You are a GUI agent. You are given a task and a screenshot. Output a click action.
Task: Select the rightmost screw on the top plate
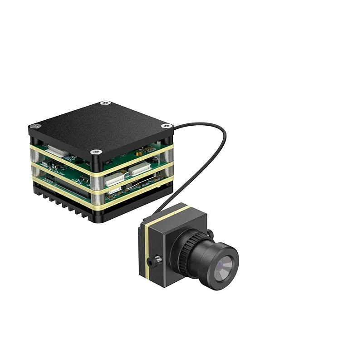(167, 125)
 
